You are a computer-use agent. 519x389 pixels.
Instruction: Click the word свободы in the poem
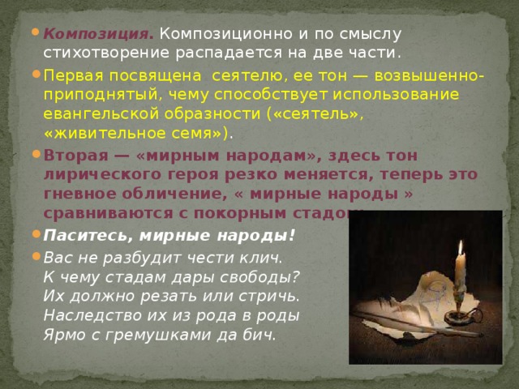pos(262,275)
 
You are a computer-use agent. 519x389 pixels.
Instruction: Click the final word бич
pos(263,333)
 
